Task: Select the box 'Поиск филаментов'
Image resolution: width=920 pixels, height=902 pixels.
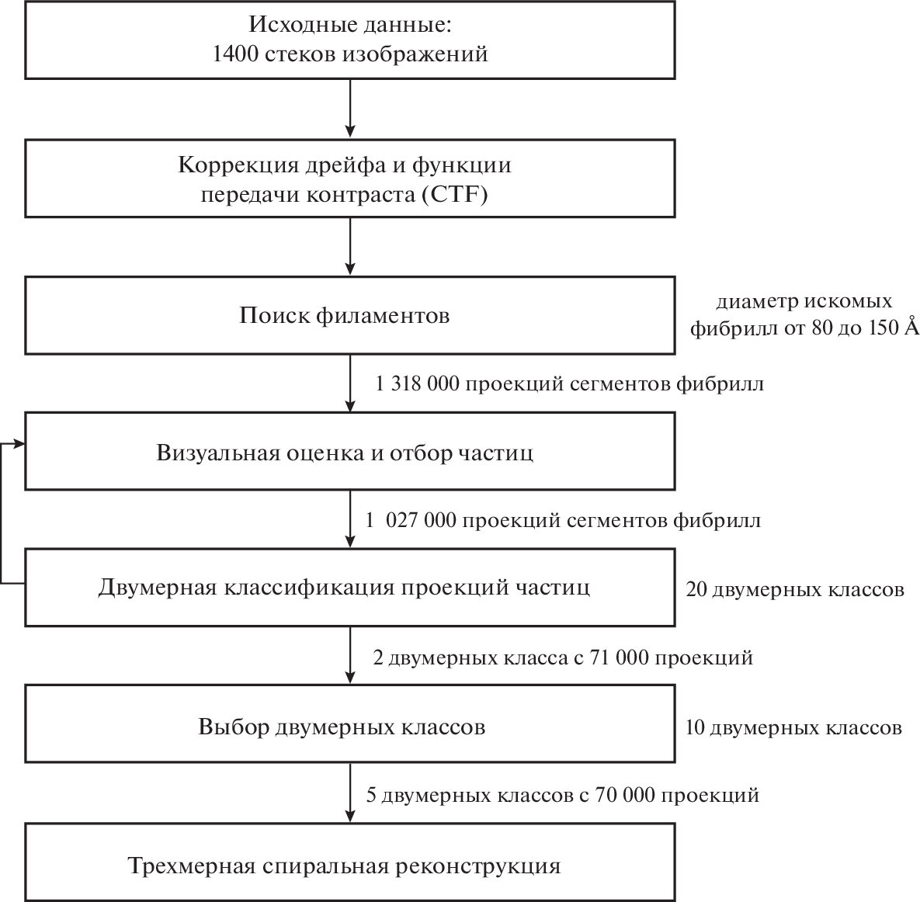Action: coord(349,316)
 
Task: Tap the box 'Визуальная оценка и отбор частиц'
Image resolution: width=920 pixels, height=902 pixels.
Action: coord(349,452)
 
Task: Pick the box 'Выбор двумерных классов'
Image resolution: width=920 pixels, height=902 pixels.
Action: coord(349,727)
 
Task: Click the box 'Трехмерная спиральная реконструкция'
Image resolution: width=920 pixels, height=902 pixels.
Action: coord(349,864)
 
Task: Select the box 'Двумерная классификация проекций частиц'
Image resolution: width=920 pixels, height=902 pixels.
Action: coord(349,588)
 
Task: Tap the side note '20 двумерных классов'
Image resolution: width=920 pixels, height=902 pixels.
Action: coord(794,589)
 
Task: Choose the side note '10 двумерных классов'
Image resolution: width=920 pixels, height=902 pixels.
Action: coord(793,728)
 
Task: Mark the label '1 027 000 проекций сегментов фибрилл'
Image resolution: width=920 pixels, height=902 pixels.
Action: coord(563,520)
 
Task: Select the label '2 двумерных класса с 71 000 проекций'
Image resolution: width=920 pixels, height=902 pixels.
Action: coord(563,658)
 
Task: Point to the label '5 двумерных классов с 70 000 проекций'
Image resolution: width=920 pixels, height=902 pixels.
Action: coord(562,795)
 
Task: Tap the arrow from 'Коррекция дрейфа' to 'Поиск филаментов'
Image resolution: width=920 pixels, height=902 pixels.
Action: coord(350,246)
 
